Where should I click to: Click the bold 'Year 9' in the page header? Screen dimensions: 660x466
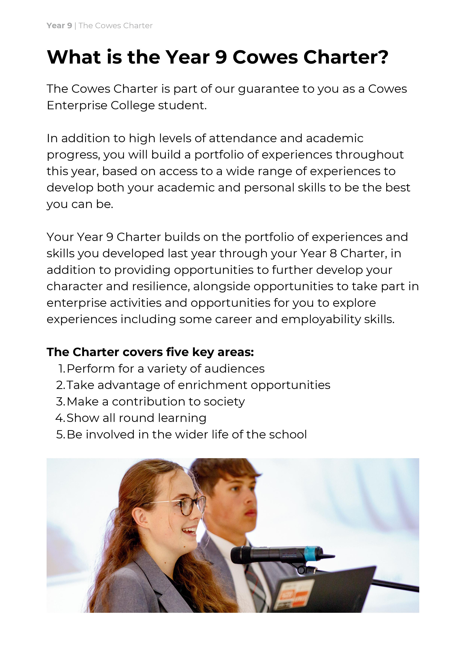59,26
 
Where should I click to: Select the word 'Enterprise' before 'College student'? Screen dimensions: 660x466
77,106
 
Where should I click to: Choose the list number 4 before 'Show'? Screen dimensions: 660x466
60,418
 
